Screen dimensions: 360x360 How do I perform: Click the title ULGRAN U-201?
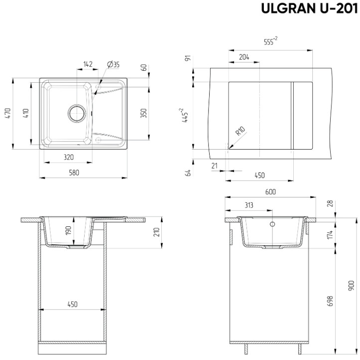(x=309, y=8)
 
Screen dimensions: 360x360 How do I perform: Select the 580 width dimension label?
(x=74, y=173)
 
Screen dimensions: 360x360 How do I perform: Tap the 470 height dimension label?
(x=8, y=113)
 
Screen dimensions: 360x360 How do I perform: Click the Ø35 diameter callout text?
(x=113, y=65)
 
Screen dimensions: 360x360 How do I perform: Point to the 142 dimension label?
(x=88, y=64)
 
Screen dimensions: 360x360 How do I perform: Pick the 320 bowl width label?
(x=69, y=157)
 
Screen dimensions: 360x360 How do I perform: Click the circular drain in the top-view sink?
(x=77, y=113)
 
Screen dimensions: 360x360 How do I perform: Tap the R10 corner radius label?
(x=240, y=131)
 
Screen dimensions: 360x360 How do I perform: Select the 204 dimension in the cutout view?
(x=244, y=57)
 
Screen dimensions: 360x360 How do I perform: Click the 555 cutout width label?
(x=271, y=41)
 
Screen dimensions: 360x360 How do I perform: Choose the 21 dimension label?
(x=215, y=166)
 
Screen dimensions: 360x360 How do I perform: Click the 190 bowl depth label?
(x=68, y=230)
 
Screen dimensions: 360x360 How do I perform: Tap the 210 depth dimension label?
(x=156, y=232)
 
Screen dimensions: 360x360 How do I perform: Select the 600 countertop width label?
(x=270, y=192)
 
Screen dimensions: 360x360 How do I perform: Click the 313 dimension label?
(x=249, y=205)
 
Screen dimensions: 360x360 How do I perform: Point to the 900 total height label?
(x=351, y=286)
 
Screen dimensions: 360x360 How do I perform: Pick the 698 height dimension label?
(x=330, y=301)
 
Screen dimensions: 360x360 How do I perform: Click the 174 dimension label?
(x=330, y=235)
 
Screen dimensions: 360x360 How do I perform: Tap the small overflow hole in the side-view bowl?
(x=272, y=224)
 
